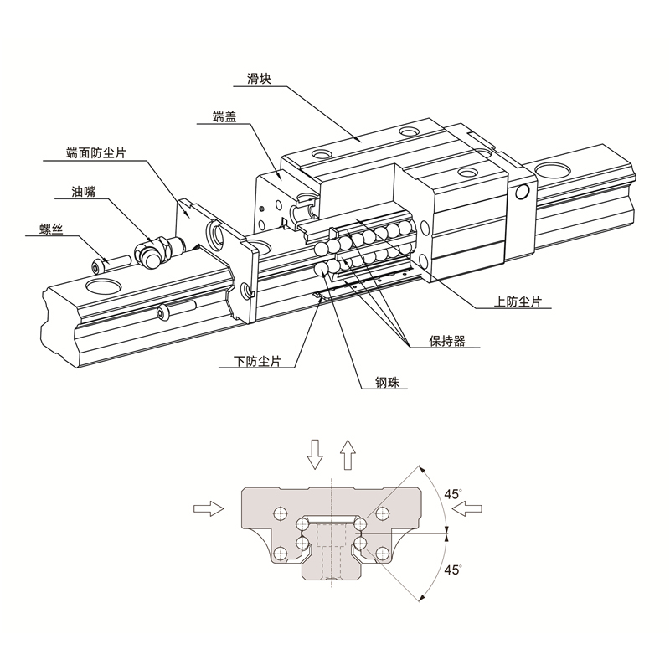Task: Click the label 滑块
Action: coord(259,79)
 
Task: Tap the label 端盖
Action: coord(224,116)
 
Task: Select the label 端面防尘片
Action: coord(96,153)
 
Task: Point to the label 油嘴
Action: coord(83,192)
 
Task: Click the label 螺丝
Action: coord(51,229)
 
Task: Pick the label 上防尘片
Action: coord(518,301)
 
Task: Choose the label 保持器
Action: coord(447,341)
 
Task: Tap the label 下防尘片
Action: coord(257,362)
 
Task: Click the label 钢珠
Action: coord(387,383)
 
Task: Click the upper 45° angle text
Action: coord(452,494)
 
